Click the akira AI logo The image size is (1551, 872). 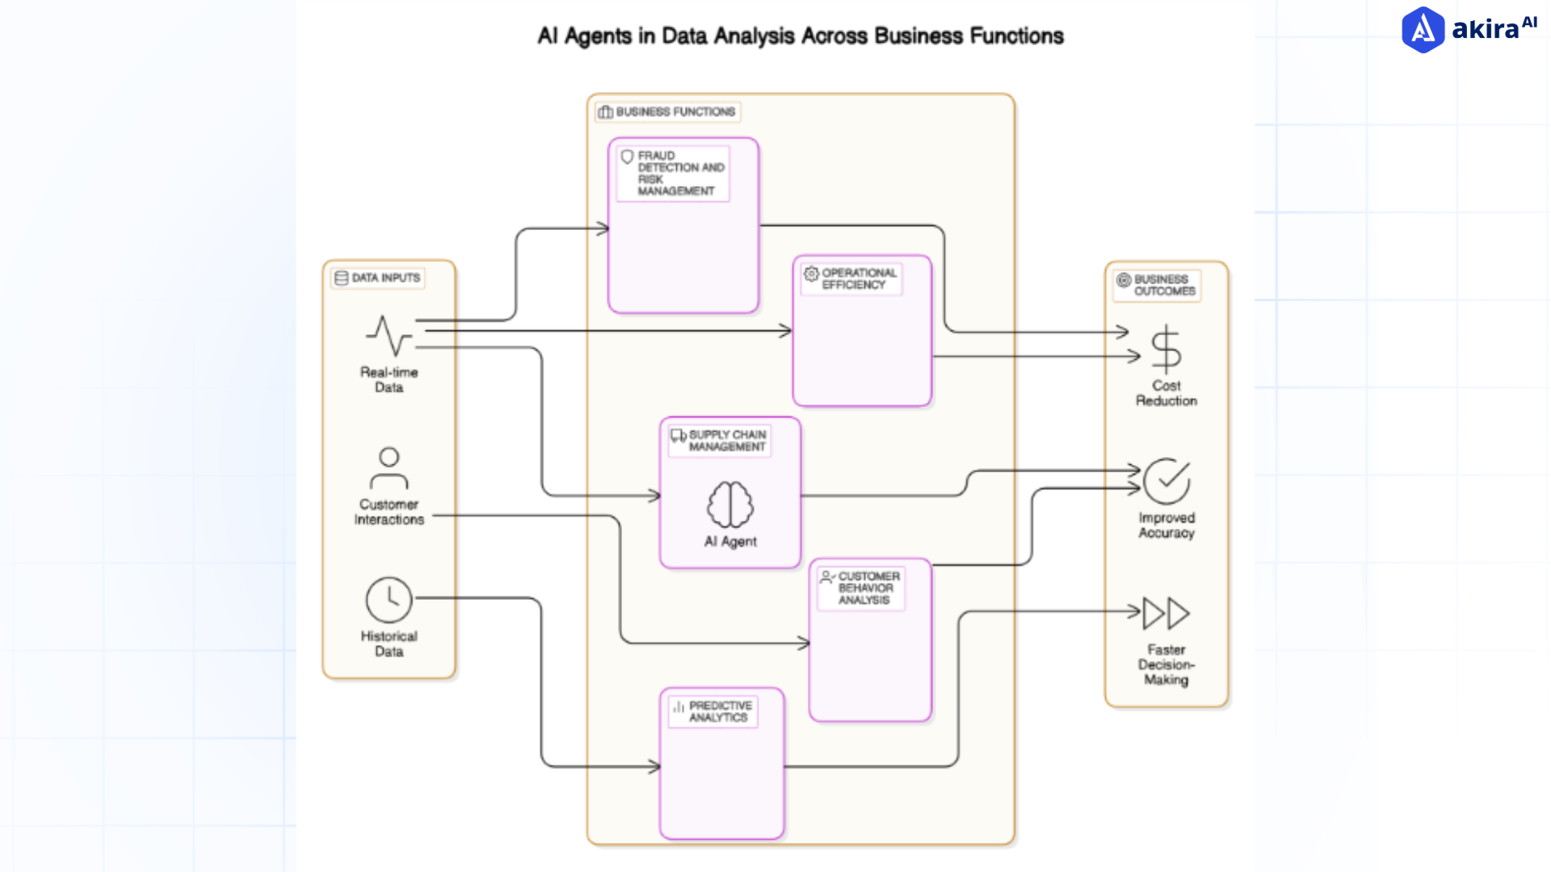(x=1468, y=30)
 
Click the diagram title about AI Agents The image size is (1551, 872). (x=800, y=36)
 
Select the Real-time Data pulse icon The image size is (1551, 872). (x=389, y=336)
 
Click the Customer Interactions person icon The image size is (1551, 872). (x=389, y=468)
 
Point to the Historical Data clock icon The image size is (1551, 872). (x=389, y=600)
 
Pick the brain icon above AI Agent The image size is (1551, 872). (x=730, y=505)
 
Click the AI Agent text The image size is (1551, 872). (x=730, y=542)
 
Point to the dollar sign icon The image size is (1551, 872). (x=1166, y=350)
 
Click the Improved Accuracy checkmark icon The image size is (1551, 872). (x=1166, y=481)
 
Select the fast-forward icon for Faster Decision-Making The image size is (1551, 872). (x=1166, y=614)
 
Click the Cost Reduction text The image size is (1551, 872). (x=1166, y=393)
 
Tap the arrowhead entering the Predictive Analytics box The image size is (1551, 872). (x=655, y=766)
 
